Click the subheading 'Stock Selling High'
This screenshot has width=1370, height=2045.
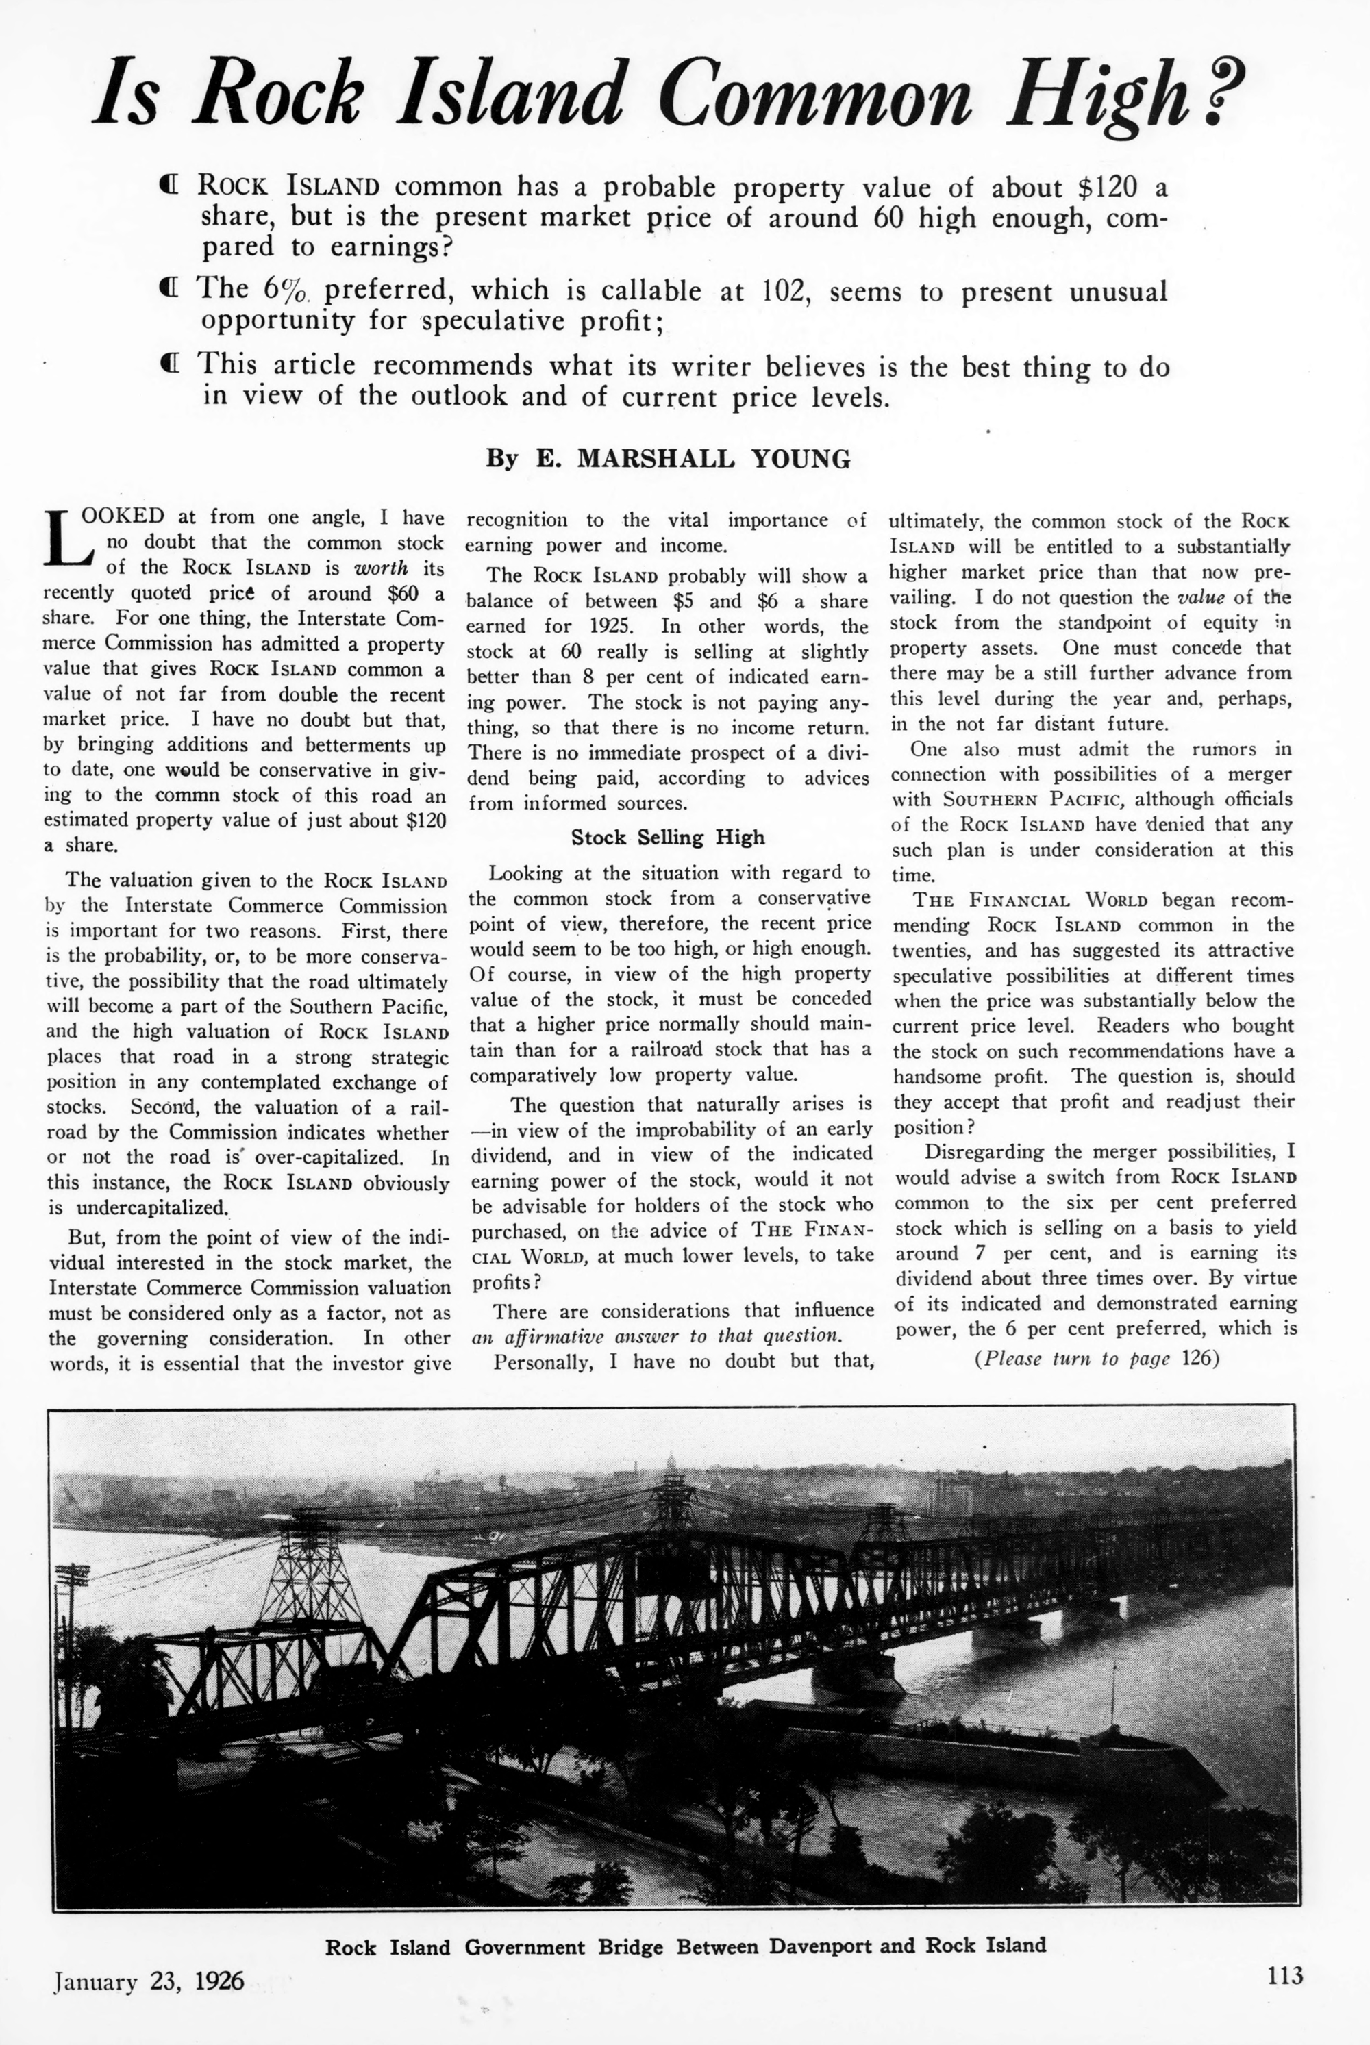pos(667,837)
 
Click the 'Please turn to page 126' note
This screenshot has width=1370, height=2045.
pos(1095,1359)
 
